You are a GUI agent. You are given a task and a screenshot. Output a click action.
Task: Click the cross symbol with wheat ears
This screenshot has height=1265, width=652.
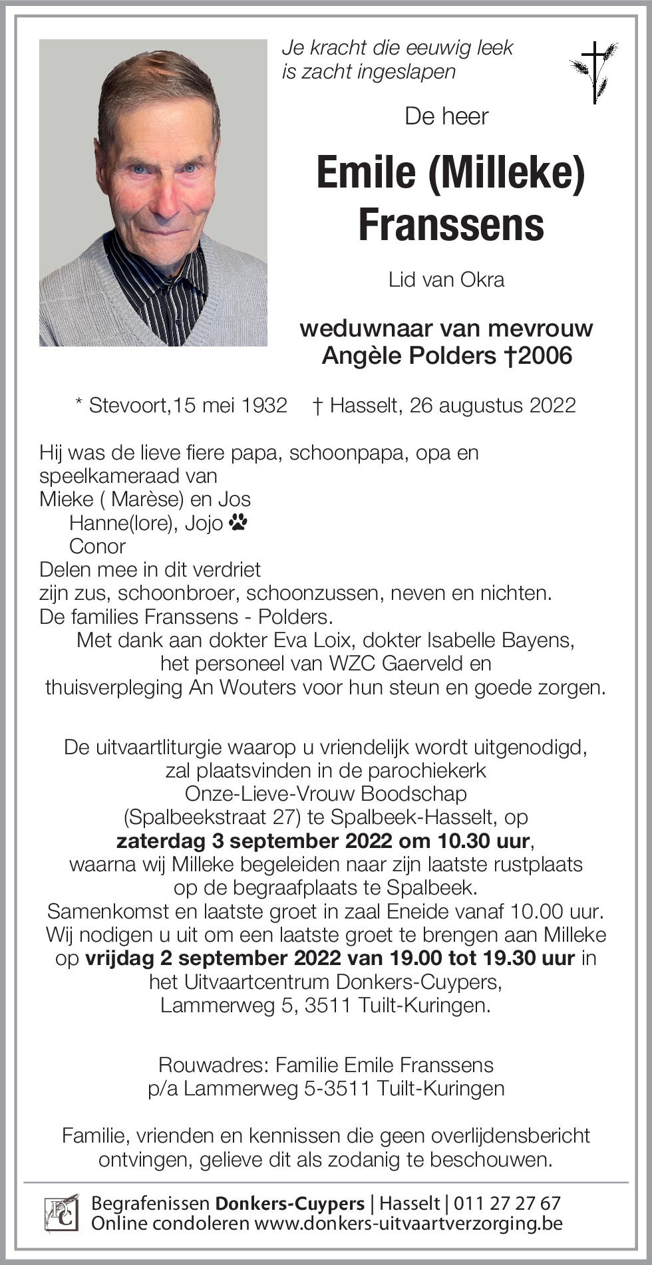tap(593, 72)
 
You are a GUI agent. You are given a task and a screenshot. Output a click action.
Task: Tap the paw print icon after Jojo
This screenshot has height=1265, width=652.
tap(238, 523)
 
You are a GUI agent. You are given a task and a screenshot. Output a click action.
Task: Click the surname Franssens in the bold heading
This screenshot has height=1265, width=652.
tap(451, 225)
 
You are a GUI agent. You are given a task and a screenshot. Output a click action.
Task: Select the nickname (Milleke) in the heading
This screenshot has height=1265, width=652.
tap(507, 172)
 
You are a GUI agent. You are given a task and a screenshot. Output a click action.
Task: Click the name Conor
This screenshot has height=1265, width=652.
tap(97, 546)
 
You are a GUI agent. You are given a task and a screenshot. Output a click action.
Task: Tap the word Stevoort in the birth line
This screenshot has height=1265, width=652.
tap(128, 405)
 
